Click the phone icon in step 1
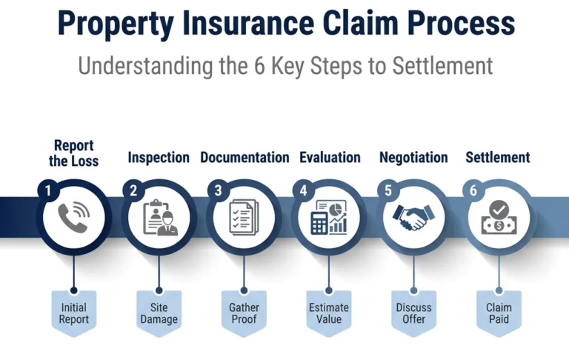point(73,217)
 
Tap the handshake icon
point(413,217)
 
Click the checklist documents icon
point(244,217)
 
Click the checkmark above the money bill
point(499,209)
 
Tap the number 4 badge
point(303,190)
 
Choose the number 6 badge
point(473,190)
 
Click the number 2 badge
point(133,190)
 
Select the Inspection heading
point(159,158)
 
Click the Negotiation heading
point(413,158)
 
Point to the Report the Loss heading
point(73,153)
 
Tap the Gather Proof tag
point(244,313)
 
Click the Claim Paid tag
point(499,313)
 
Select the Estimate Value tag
point(329,313)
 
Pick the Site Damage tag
point(159,313)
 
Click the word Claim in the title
point(360,23)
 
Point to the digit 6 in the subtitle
point(259,66)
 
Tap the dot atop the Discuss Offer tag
point(413,290)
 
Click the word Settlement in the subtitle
point(443,66)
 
